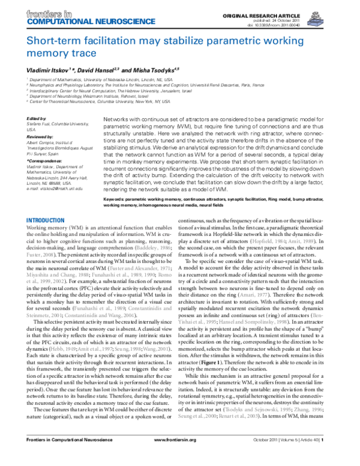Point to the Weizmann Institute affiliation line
click(x=78, y=95)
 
